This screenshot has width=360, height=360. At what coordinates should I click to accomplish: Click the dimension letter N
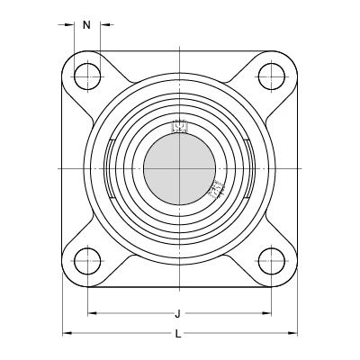point(86,25)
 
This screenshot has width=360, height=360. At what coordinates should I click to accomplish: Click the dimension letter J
point(178,314)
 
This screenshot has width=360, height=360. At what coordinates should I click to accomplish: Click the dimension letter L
point(178,334)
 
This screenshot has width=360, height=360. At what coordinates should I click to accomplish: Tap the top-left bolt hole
point(87,76)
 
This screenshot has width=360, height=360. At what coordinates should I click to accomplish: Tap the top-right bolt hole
point(271,76)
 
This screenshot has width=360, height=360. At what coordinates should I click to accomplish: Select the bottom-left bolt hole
point(87,261)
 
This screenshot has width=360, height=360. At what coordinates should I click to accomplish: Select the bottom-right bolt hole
point(271,261)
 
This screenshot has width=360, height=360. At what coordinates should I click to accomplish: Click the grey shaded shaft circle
point(179,169)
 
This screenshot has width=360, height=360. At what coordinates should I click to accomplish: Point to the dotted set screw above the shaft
point(179,126)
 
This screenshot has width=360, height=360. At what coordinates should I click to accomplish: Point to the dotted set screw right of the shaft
point(217,189)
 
